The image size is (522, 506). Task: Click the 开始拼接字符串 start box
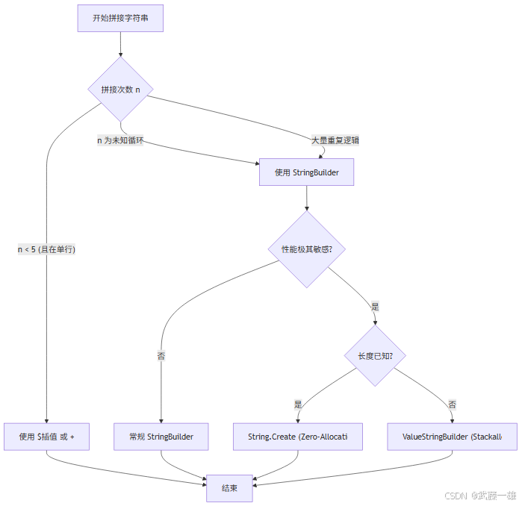pyautogui.click(x=120, y=18)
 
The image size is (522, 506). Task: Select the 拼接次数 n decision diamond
pyautogui.click(x=120, y=90)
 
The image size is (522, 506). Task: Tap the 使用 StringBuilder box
pyautogui.click(x=306, y=172)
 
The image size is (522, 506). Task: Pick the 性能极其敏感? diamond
pyautogui.click(x=306, y=249)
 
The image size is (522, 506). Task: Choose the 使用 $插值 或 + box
pyautogui.click(x=47, y=437)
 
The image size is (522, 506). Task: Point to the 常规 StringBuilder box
pyautogui.click(x=161, y=437)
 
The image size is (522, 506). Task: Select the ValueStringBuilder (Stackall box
pyautogui.click(x=452, y=437)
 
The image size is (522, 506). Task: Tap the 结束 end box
pyautogui.click(x=229, y=488)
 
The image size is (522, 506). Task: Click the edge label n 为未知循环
pyautogui.click(x=120, y=140)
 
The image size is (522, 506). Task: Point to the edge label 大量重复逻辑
pyautogui.click(x=335, y=140)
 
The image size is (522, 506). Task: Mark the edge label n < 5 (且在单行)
pyautogui.click(x=47, y=250)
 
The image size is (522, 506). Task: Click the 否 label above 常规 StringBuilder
pyautogui.click(x=161, y=356)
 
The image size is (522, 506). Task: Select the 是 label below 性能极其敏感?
pyautogui.click(x=375, y=306)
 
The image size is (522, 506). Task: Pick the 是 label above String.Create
pyautogui.click(x=298, y=404)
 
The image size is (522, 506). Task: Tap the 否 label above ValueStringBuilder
pyautogui.click(x=452, y=404)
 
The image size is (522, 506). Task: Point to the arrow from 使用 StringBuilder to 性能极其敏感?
pyautogui.click(x=306, y=198)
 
